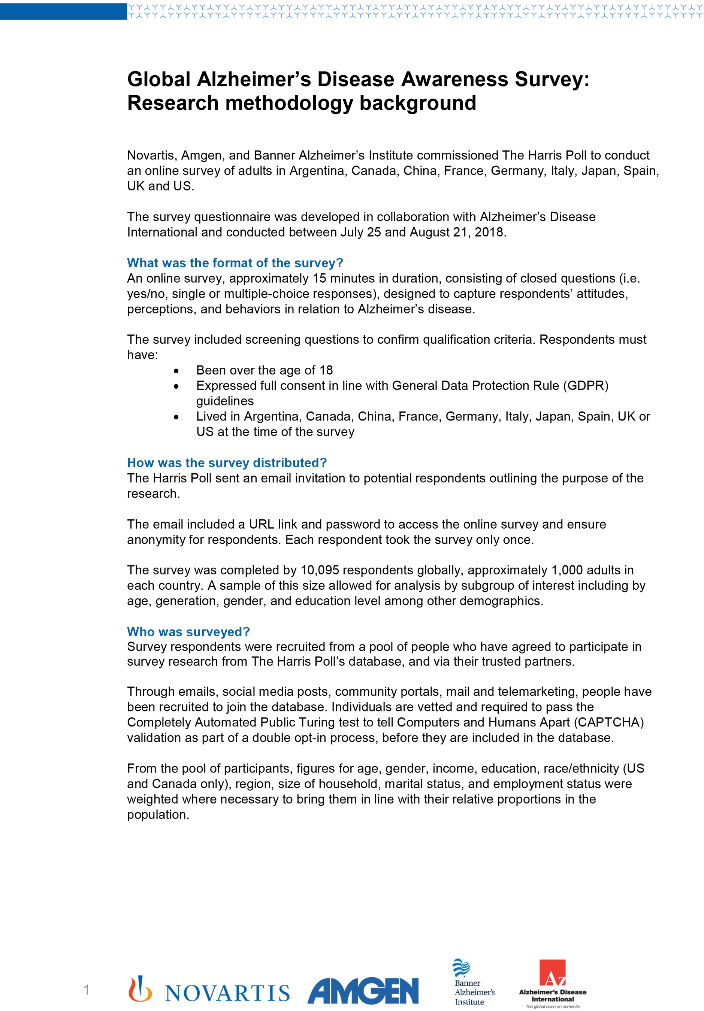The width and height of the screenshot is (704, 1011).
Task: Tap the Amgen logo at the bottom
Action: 363,990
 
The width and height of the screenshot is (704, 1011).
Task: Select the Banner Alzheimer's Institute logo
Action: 474,982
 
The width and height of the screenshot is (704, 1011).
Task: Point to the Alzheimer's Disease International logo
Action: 553,983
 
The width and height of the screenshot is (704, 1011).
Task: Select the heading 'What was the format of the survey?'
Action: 235,263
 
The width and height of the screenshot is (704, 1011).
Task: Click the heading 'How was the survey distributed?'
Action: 227,463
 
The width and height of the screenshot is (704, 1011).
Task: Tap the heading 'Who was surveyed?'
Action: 188,632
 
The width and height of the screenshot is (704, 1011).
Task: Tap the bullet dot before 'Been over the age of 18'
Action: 176,371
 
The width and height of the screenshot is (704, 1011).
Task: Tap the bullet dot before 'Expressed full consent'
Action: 176,386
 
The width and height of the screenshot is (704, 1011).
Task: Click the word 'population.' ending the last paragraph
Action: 158,815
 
